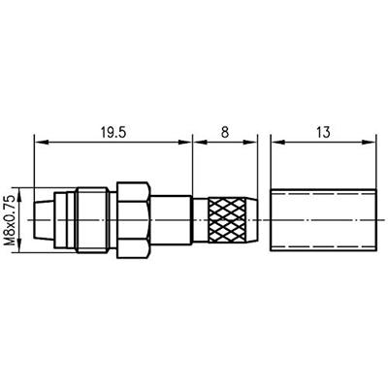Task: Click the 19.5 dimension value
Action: tap(113, 132)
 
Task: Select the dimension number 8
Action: tap(225, 132)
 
